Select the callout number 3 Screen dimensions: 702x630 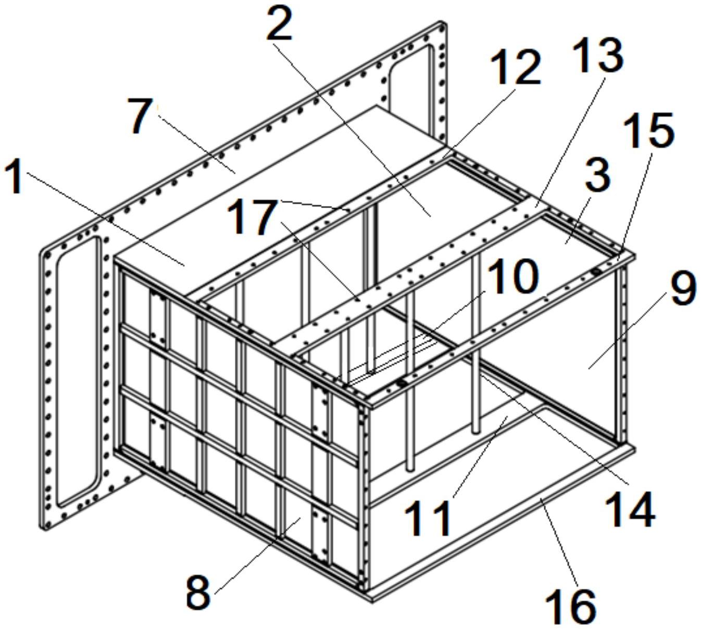pos(597,175)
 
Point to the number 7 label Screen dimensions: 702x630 pos(141,117)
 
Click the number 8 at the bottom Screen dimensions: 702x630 pos(198,593)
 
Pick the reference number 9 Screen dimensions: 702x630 pos(683,289)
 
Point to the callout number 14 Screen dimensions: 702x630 pos(630,509)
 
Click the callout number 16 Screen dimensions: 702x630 pos(570,607)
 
